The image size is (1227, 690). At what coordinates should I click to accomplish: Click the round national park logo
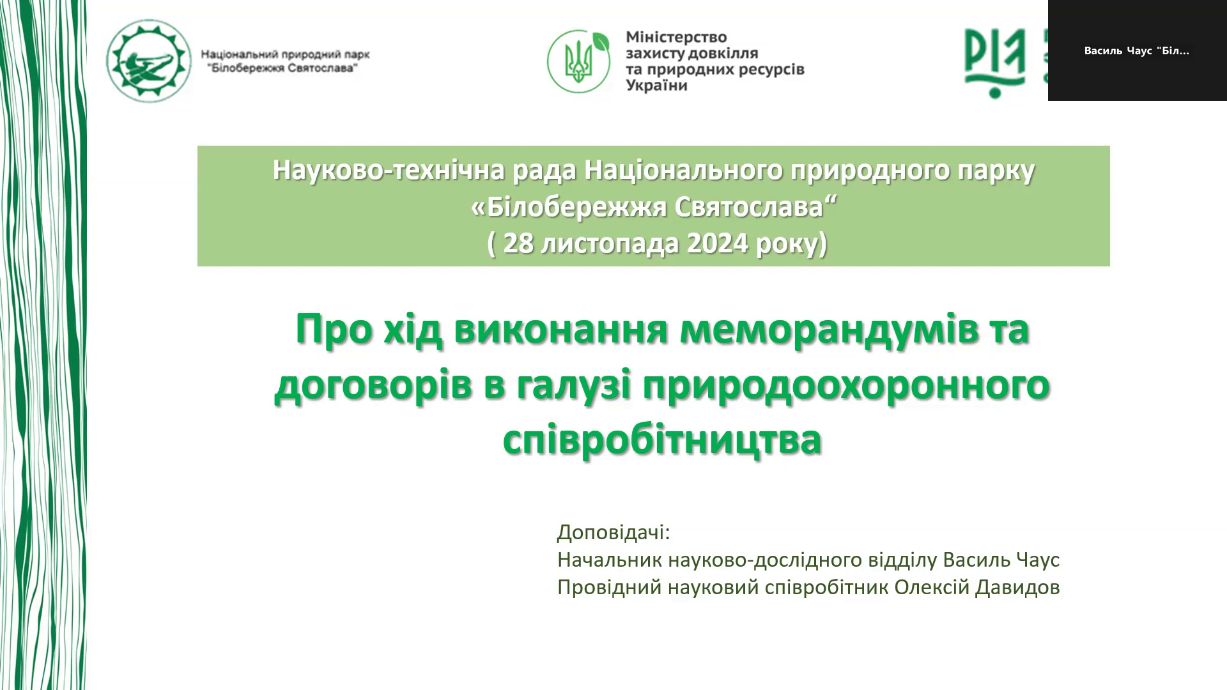click(149, 61)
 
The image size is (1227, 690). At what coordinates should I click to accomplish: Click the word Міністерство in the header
click(676, 37)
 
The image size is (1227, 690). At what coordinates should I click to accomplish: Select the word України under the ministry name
click(656, 86)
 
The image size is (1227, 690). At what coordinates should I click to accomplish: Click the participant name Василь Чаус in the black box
click(1118, 51)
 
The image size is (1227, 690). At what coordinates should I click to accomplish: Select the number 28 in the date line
click(518, 243)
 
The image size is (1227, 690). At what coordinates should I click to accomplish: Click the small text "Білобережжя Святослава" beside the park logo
click(280, 68)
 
